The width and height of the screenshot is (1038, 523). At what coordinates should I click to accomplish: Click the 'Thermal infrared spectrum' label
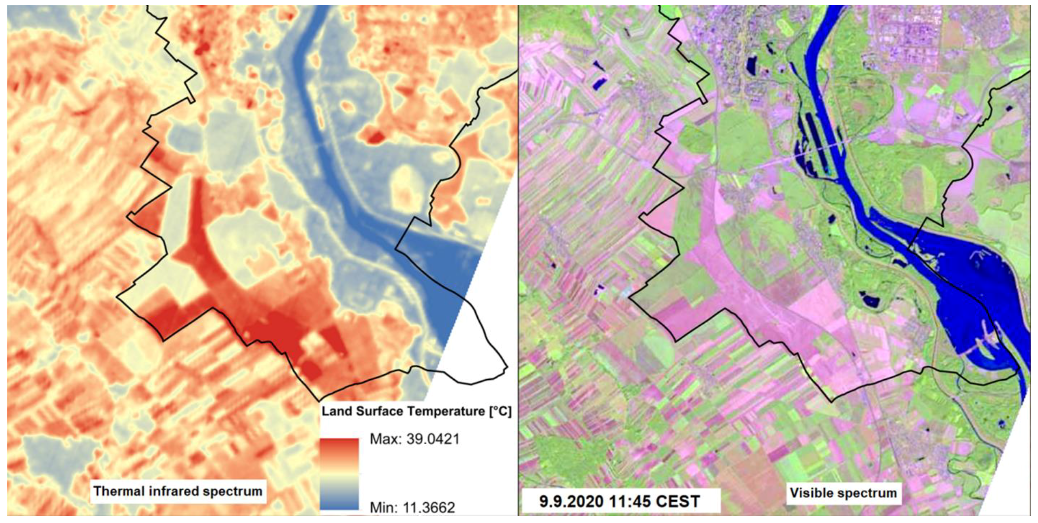coord(178,491)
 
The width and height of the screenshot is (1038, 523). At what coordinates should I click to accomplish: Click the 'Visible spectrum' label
coord(843,492)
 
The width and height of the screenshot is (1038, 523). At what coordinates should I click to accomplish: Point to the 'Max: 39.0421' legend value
coord(414,439)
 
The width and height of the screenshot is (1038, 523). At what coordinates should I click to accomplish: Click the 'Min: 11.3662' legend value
coord(412,507)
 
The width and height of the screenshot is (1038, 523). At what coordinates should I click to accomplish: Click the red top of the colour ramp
coord(339,446)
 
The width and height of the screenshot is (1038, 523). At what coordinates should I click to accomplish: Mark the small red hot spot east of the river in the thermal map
coord(373,136)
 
